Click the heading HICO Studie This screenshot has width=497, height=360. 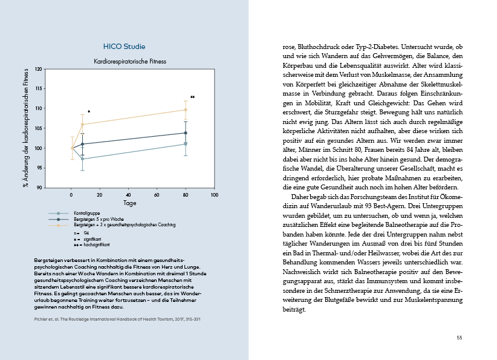(x=125, y=47)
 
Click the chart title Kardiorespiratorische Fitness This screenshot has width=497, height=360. (x=129, y=61)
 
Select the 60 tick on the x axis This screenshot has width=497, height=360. (x=157, y=195)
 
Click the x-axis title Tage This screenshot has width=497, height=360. (x=129, y=203)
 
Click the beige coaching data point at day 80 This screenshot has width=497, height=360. (x=186, y=110)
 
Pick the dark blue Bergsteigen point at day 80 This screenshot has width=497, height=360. (x=186, y=133)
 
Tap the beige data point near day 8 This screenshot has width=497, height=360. (x=83, y=125)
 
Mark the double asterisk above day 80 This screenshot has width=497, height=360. (x=192, y=97)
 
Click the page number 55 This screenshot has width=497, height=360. (x=460, y=337)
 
